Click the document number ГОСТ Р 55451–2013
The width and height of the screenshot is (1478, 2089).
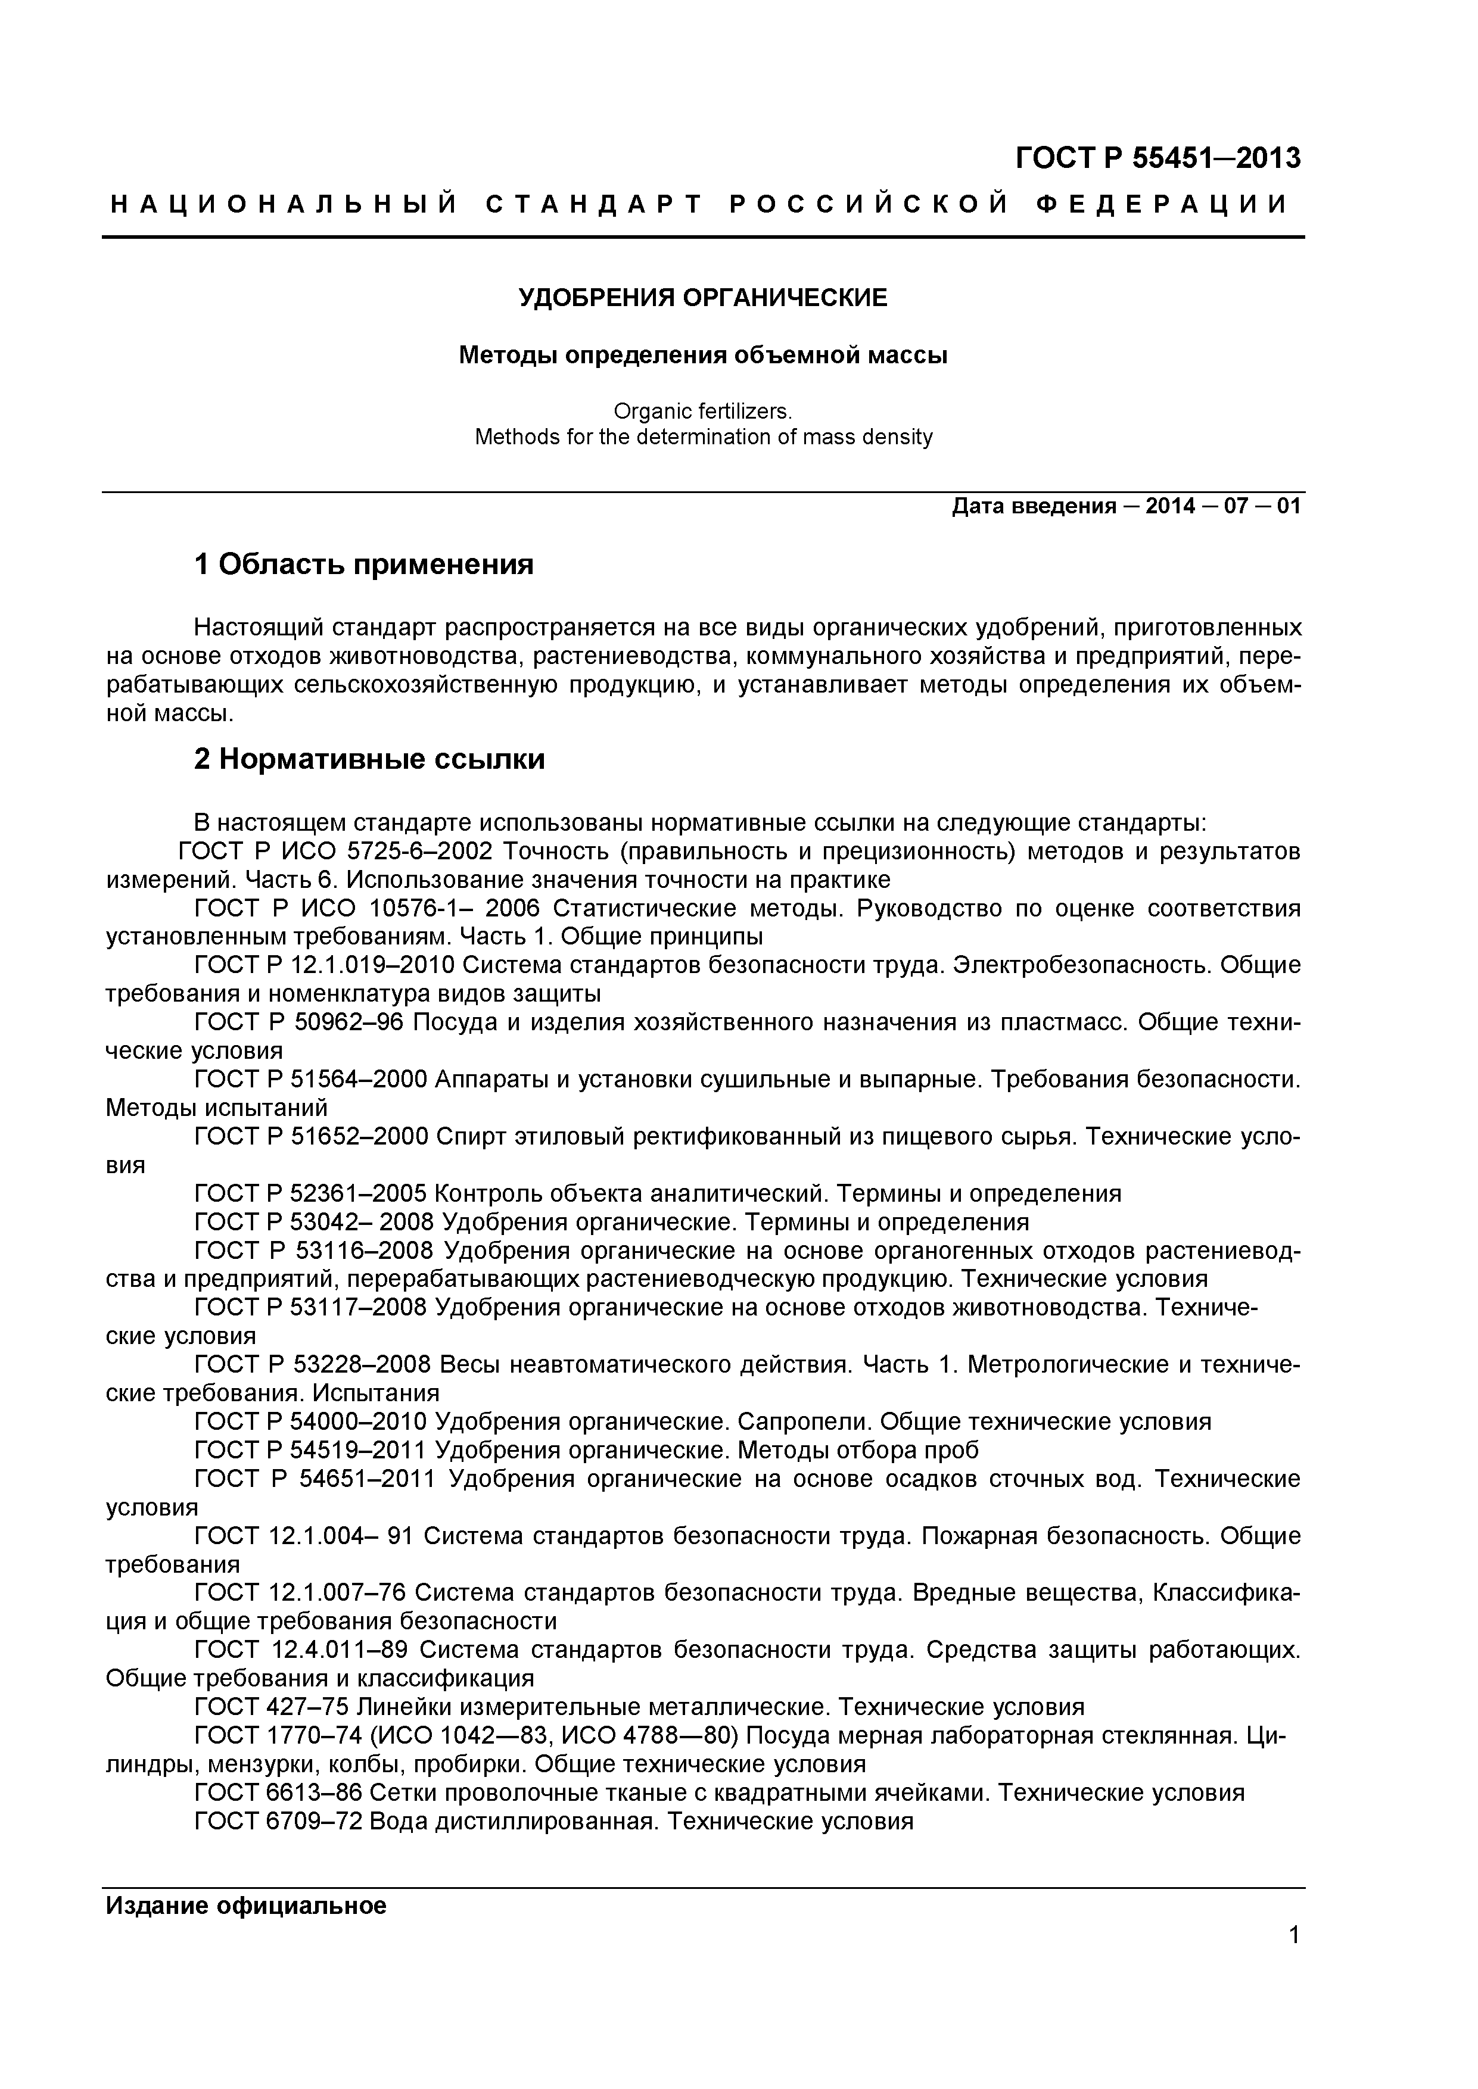(1157, 158)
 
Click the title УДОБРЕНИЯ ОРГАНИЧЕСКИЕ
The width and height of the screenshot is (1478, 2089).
(702, 298)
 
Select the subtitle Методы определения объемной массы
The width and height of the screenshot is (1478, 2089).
(702, 355)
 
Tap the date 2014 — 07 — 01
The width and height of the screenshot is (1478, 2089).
(1223, 506)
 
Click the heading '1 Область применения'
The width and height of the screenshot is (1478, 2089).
(363, 565)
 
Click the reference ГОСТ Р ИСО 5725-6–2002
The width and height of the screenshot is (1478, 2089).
(335, 852)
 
